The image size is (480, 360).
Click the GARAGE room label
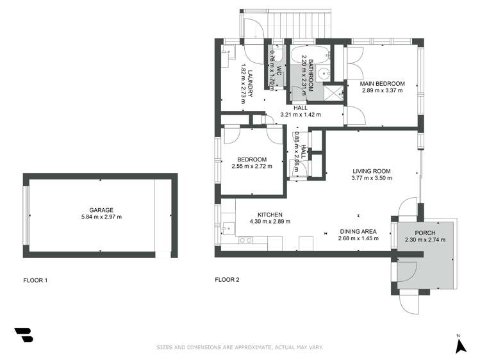(x=101, y=209)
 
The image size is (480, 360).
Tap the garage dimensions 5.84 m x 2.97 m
(x=101, y=217)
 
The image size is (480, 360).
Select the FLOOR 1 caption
(x=35, y=280)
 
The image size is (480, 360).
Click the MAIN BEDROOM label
(x=383, y=84)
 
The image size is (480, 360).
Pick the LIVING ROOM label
(x=371, y=171)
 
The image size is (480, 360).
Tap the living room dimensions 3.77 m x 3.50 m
(x=371, y=179)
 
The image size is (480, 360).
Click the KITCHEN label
(x=270, y=215)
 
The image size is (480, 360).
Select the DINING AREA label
(x=358, y=231)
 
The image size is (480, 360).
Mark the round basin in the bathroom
(x=324, y=72)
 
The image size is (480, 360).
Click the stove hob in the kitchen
(x=244, y=241)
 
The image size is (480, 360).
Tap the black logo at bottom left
(x=23, y=336)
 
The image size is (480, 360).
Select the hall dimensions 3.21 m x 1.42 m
(x=301, y=115)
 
